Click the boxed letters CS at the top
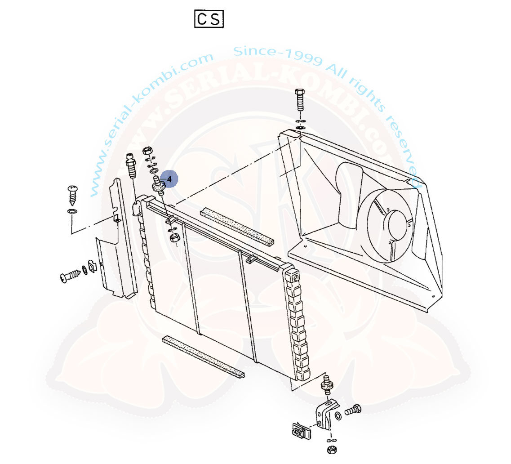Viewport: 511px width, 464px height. coord(209,18)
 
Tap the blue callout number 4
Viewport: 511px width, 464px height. coord(169,179)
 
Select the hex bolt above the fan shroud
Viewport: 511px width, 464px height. coord(300,99)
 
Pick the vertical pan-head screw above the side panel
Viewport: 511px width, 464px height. coord(72,195)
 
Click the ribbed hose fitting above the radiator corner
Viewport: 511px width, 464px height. coord(131,165)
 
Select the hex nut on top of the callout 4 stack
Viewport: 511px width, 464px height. coord(147,151)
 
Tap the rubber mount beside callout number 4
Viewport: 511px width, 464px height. coord(158,186)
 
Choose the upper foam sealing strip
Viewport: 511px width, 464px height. coord(237,226)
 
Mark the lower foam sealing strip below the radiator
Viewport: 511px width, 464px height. coord(203,357)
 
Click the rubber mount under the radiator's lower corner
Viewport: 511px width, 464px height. coord(327,385)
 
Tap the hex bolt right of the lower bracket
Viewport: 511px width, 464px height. coord(353,410)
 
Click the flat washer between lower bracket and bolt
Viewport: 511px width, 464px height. coord(338,416)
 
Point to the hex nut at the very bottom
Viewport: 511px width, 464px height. coord(331,450)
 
